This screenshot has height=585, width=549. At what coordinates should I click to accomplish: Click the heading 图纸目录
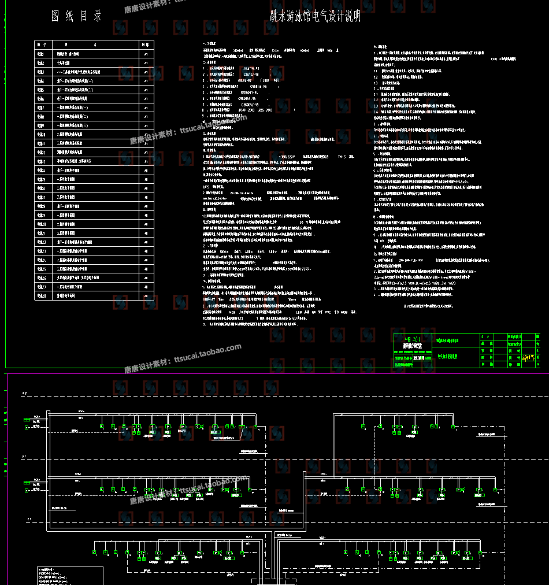77,16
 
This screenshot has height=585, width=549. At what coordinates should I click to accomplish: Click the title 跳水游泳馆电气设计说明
316,16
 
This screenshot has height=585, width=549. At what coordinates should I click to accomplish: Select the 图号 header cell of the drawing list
41,45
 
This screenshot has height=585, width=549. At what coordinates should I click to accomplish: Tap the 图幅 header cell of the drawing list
147,45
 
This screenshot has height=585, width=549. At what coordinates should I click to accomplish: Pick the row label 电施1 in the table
41,54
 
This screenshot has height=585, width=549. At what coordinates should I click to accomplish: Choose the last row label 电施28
41,295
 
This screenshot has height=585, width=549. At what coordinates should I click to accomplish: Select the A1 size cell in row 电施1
147,54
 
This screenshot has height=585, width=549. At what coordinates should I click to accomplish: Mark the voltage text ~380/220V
290,156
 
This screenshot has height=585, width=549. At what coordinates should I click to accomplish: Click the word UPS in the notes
206,187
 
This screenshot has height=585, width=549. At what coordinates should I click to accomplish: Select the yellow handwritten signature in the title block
528,358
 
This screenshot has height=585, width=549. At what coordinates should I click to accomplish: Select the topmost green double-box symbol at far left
26,420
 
